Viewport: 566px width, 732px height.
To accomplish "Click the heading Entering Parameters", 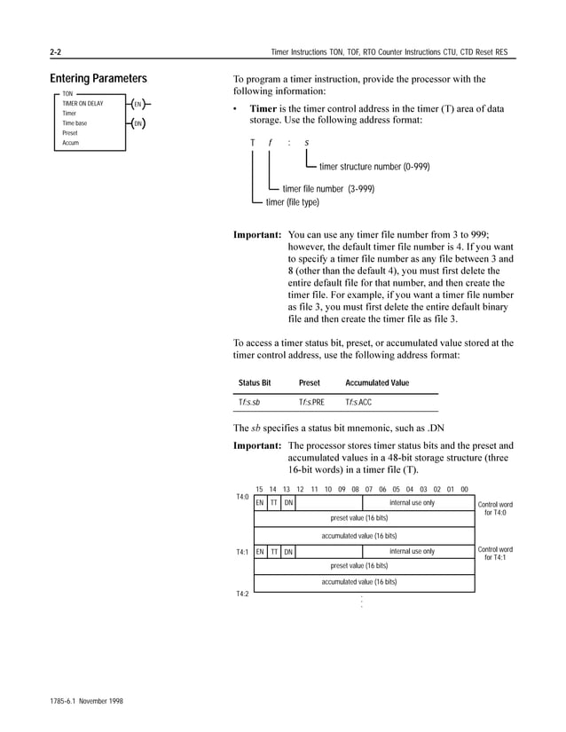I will coord(98,78).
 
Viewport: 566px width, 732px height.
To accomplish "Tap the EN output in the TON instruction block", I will coord(138,105).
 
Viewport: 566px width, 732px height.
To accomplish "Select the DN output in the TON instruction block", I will coord(138,123).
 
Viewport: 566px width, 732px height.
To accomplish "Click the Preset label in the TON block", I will coord(70,133).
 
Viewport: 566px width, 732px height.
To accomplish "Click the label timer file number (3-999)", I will coord(327,188).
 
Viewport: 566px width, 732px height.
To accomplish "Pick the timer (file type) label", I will coord(292,202).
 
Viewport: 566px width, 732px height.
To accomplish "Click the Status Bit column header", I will coord(255,383).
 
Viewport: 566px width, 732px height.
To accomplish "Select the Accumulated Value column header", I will coord(377,383).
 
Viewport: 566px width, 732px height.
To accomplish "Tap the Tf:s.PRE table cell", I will coord(311,403).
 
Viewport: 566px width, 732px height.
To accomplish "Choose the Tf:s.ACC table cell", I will coord(358,403).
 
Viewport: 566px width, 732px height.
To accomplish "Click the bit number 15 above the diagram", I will coord(259,489).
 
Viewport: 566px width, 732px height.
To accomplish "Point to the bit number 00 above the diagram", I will coord(464,489).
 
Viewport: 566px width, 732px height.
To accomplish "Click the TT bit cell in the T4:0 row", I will coord(274,503).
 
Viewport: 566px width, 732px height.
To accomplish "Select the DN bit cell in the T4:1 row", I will coord(288,552).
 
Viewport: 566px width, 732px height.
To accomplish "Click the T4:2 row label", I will coord(241,594).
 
